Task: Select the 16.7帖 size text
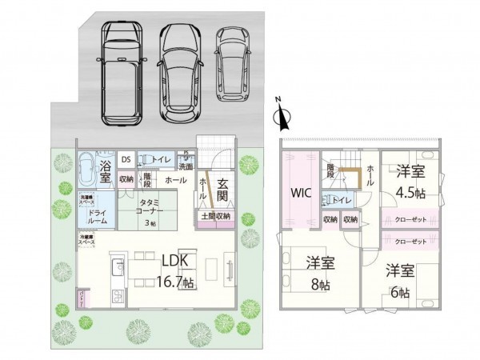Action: (176, 282)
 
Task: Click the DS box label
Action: (126, 159)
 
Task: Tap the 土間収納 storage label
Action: (215, 216)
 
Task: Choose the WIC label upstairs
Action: (302, 193)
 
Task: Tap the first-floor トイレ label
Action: (162, 159)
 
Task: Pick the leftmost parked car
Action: (121, 70)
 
